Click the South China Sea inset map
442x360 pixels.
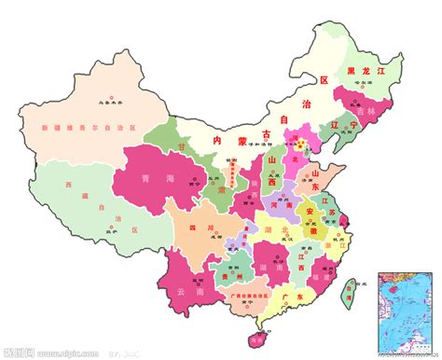pyautogui.click(x=407, y=312)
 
